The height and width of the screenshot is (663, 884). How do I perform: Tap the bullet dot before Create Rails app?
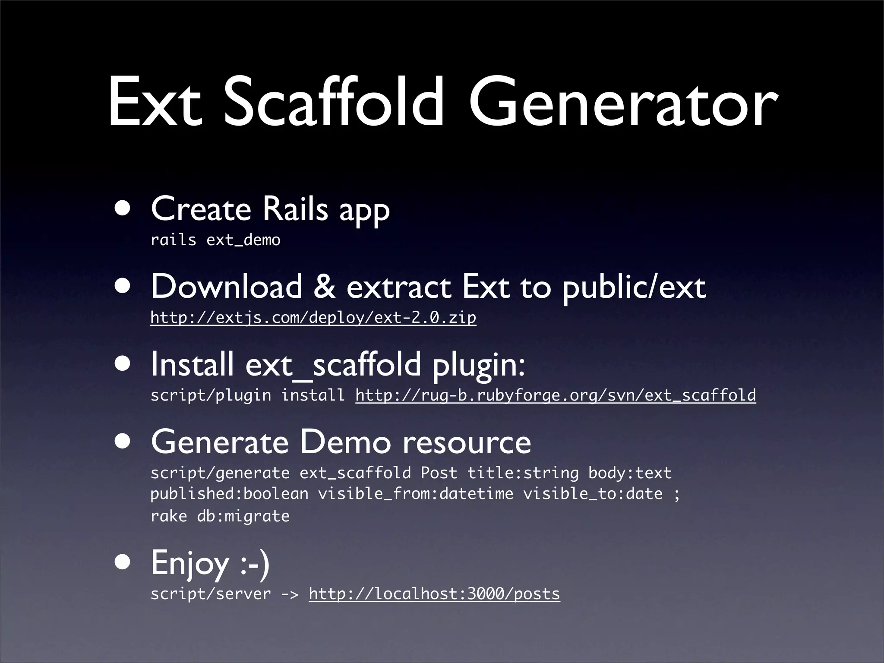click(124, 208)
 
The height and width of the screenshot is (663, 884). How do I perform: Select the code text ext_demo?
click(243, 240)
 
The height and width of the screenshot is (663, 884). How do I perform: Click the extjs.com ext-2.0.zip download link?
click(313, 318)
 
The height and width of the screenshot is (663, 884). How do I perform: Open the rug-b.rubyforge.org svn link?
click(556, 395)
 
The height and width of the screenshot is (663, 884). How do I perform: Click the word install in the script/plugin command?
click(313, 395)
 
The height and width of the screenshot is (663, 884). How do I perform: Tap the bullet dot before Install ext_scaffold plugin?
click(124, 364)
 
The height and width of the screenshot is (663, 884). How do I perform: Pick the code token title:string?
click(523, 473)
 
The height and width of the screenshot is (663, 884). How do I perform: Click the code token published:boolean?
click(229, 494)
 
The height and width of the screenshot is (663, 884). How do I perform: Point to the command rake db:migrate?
click(220, 516)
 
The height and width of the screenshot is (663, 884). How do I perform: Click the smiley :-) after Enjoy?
click(255, 563)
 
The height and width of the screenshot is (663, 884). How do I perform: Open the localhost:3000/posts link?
click(434, 594)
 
